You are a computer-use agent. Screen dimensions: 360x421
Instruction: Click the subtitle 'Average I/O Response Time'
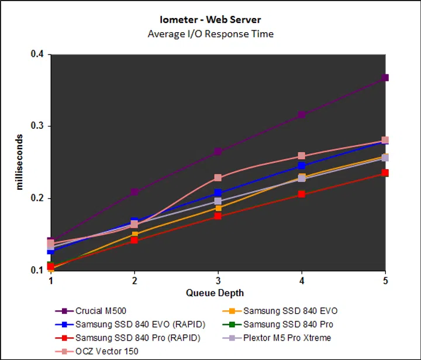pyautogui.click(x=210, y=33)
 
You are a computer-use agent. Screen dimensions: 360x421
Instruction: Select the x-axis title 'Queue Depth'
pyautogui.click(x=215, y=293)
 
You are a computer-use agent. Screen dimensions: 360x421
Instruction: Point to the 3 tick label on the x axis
pyautogui.click(x=218, y=280)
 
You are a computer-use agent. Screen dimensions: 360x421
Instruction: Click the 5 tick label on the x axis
pyautogui.click(x=385, y=280)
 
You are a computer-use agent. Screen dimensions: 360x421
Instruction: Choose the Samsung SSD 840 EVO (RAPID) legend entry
pyautogui.click(x=128, y=324)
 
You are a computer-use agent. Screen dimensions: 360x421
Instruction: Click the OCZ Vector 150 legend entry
pyautogui.click(x=106, y=351)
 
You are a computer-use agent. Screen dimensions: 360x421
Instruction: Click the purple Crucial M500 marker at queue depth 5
pyautogui.click(x=385, y=78)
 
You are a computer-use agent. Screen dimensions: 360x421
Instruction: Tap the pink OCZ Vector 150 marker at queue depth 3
pyautogui.click(x=218, y=178)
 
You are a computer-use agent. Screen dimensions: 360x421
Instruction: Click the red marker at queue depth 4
pyautogui.click(x=302, y=194)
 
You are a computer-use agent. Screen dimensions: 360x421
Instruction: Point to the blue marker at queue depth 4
pyautogui.click(x=302, y=166)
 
